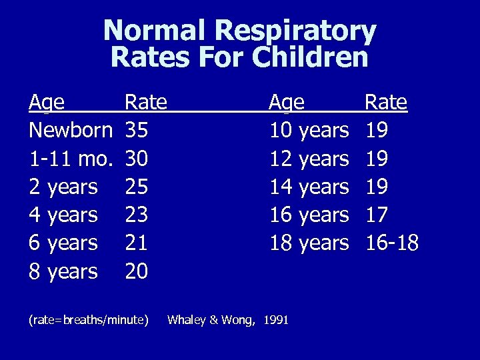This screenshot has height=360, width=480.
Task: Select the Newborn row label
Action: pyautogui.click(x=71, y=131)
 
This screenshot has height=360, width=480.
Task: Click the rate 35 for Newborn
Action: pyautogui.click(x=136, y=131)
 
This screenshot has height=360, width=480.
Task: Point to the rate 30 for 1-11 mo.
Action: pyautogui.click(x=136, y=159)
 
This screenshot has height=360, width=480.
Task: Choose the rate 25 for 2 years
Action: pyautogui.click(x=136, y=187)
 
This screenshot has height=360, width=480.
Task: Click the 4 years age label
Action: pyautogui.click(x=63, y=215)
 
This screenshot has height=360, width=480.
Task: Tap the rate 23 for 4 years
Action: pyautogui.click(x=136, y=215)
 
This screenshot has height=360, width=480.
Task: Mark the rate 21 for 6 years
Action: pyautogui.click(x=136, y=243)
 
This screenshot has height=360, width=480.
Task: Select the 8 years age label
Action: pyautogui.click(x=63, y=271)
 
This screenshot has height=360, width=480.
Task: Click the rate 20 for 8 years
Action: pyautogui.click(x=136, y=271)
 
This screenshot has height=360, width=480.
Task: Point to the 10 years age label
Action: pyautogui.click(x=309, y=131)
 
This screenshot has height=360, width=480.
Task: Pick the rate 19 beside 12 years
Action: pyautogui.click(x=376, y=159)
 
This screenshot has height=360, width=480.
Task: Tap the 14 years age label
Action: pyautogui.click(x=309, y=187)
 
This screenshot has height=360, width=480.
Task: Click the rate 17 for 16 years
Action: pyautogui.click(x=376, y=215)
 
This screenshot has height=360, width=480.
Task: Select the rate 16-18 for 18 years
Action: pyautogui.click(x=392, y=243)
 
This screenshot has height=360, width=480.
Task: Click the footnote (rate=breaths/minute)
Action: pyautogui.click(x=89, y=320)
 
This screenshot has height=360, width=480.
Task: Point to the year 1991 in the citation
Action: pyautogui.click(x=276, y=320)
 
